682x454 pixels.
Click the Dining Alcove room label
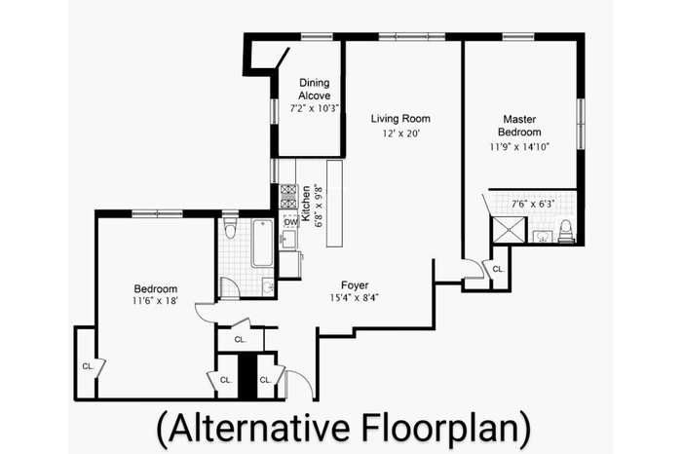(x=314, y=89)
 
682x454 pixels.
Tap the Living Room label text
(x=400, y=118)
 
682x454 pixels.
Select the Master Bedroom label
(x=519, y=126)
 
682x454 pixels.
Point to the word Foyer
(x=355, y=285)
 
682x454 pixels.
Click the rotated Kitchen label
(x=306, y=204)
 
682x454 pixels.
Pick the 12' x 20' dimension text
(x=400, y=133)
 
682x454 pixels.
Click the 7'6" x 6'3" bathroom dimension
(x=533, y=204)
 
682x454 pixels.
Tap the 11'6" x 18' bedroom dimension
(x=156, y=300)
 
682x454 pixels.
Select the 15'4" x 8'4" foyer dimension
(x=355, y=298)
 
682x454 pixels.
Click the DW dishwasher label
(x=290, y=222)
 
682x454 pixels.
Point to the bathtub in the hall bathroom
(x=262, y=243)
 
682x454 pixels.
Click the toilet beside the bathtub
(x=230, y=228)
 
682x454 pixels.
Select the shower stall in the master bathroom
(x=508, y=229)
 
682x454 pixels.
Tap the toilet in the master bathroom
(x=565, y=231)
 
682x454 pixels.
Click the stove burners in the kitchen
(x=288, y=197)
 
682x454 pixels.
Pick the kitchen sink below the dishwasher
(x=288, y=239)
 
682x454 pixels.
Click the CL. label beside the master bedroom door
(x=499, y=270)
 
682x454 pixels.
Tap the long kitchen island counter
(x=335, y=204)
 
